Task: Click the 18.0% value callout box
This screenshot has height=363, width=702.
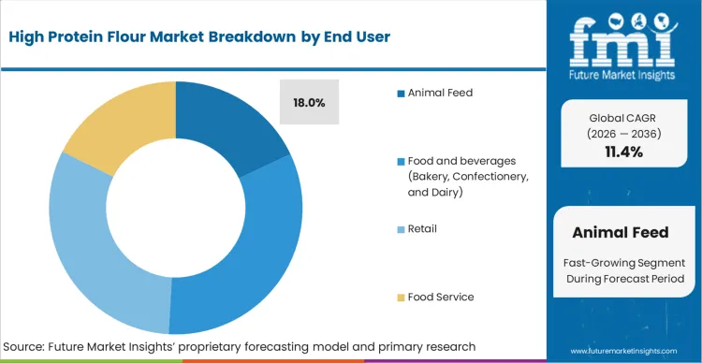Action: coord(310,103)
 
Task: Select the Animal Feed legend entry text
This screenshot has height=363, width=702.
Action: coord(440,93)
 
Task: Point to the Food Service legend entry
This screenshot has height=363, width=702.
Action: coord(441,297)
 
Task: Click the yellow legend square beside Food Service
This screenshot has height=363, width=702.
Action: coord(401,298)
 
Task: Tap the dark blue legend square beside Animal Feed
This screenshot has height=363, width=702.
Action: coord(401,94)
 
